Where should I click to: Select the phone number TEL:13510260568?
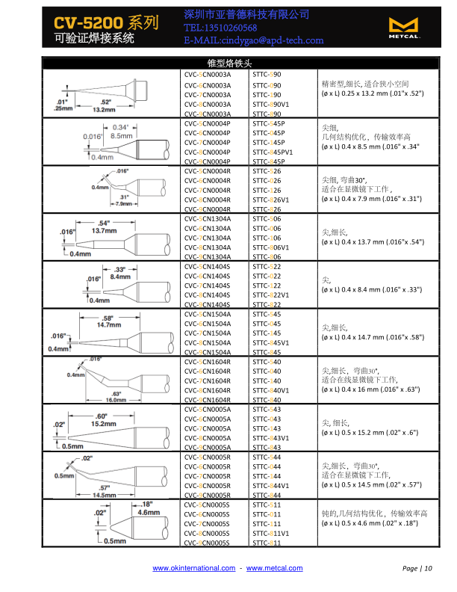226,28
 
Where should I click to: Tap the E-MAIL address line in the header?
253,40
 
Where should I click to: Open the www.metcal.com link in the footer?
275,569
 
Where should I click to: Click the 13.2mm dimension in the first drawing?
103,109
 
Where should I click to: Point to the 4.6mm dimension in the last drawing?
149,514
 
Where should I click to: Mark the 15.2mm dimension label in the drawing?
103,423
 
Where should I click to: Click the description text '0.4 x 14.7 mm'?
355,337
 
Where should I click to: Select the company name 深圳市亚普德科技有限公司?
236,15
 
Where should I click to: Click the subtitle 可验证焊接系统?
94,37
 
